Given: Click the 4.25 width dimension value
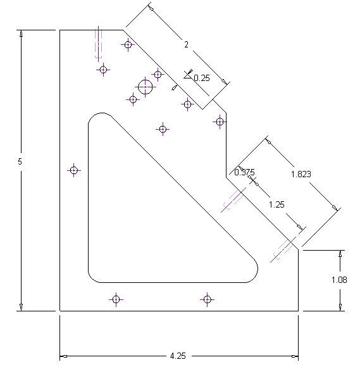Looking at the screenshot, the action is coord(178,356).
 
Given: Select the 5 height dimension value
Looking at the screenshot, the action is coord(20,161).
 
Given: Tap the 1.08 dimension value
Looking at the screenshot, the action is coord(339,280).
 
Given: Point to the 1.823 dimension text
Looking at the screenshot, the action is coord(301,174).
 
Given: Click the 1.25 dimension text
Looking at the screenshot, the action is coord(276,204).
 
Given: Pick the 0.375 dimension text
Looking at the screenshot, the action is coord(244,172).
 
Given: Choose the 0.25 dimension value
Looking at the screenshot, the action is coord(202,78).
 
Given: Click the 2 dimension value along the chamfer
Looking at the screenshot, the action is coord(187,44).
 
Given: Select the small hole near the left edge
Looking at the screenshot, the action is coord(74,170).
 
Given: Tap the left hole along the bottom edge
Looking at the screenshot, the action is coord(116,299).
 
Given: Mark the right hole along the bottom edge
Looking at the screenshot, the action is coord(207,299).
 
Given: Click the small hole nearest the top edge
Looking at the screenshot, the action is coord(128,44).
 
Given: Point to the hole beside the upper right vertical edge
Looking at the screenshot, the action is coord(220,122).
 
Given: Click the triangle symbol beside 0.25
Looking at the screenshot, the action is coord(187,75).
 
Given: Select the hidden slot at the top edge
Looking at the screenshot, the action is coord(98,44).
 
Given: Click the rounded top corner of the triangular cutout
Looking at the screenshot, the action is coord(102,113).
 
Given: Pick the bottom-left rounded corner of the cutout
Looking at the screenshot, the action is coord(92,279).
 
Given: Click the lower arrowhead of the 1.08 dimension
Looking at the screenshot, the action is coord(340,306).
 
